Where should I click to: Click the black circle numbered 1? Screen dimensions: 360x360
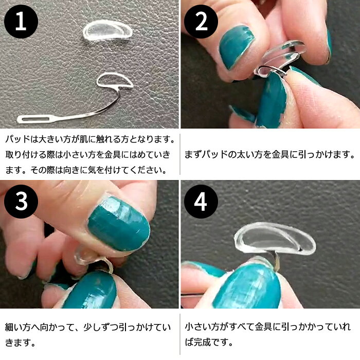click(x=21, y=22)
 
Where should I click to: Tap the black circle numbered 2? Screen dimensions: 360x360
click(x=201, y=22)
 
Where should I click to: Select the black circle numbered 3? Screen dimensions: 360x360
click(x=21, y=202)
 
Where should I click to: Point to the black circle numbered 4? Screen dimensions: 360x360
click(x=201, y=202)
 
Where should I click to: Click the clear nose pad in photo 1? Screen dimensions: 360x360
click(x=107, y=31)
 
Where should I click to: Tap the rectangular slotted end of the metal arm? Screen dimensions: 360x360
click(x=34, y=119)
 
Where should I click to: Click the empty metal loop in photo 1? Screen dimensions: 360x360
click(x=115, y=80)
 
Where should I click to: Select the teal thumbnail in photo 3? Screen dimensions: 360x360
click(x=119, y=224)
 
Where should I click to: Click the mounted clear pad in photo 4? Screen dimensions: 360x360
click(x=275, y=238)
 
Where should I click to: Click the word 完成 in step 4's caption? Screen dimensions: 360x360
click(x=202, y=342)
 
